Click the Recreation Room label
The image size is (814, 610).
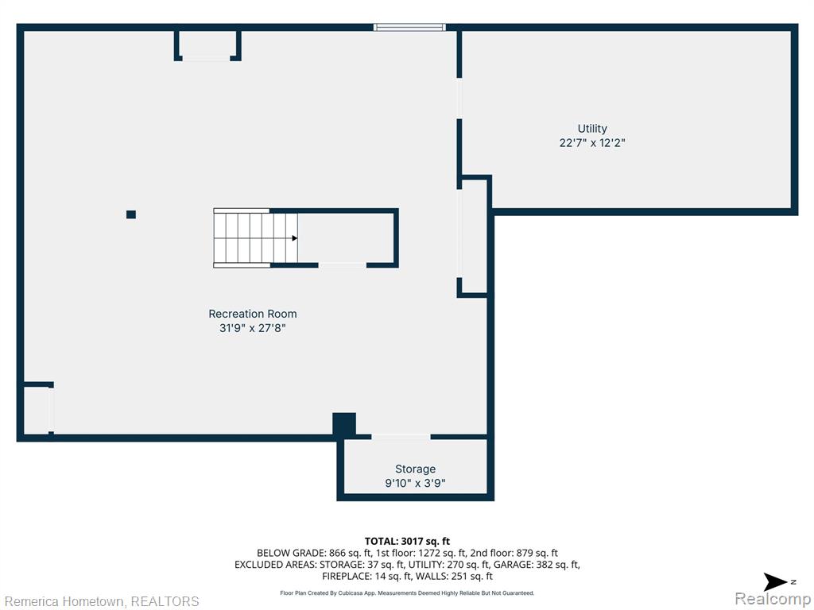[252, 314]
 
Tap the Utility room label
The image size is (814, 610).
[592, 129]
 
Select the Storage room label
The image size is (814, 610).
[415, 469]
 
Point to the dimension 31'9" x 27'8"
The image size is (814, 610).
[252, 328]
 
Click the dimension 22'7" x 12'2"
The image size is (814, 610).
[592, 143]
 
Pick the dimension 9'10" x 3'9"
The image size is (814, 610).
[415, 484]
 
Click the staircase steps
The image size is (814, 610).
[255, 238]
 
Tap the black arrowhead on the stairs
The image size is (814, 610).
[294, 238]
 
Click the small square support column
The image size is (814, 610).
[131, 214]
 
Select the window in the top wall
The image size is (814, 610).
[409, 27]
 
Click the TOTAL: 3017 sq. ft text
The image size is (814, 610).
[407, 542]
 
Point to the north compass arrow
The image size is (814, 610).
[776, 582]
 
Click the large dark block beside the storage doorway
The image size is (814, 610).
[344, 425]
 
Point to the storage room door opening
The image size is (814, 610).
[401, 437]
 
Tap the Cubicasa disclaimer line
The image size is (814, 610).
[407, 593]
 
